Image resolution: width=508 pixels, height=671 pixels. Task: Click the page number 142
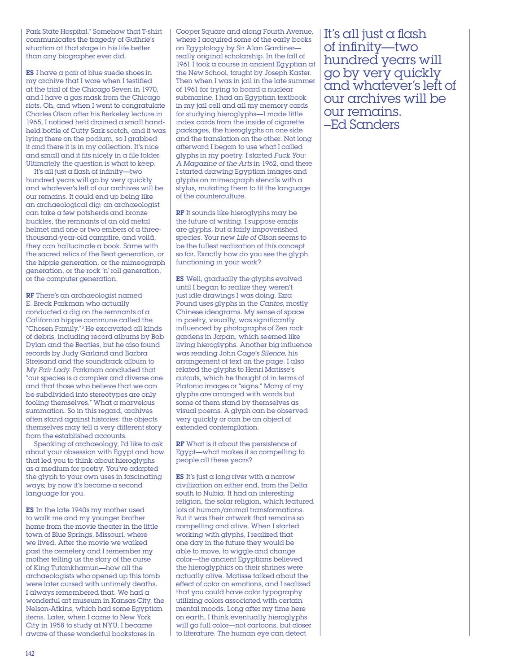click(30, 653)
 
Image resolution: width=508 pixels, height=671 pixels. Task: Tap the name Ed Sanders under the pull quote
click(367, 124)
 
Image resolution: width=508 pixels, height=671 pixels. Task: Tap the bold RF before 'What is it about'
click(180, 444)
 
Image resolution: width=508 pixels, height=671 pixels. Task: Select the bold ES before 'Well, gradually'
click(180, 279)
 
